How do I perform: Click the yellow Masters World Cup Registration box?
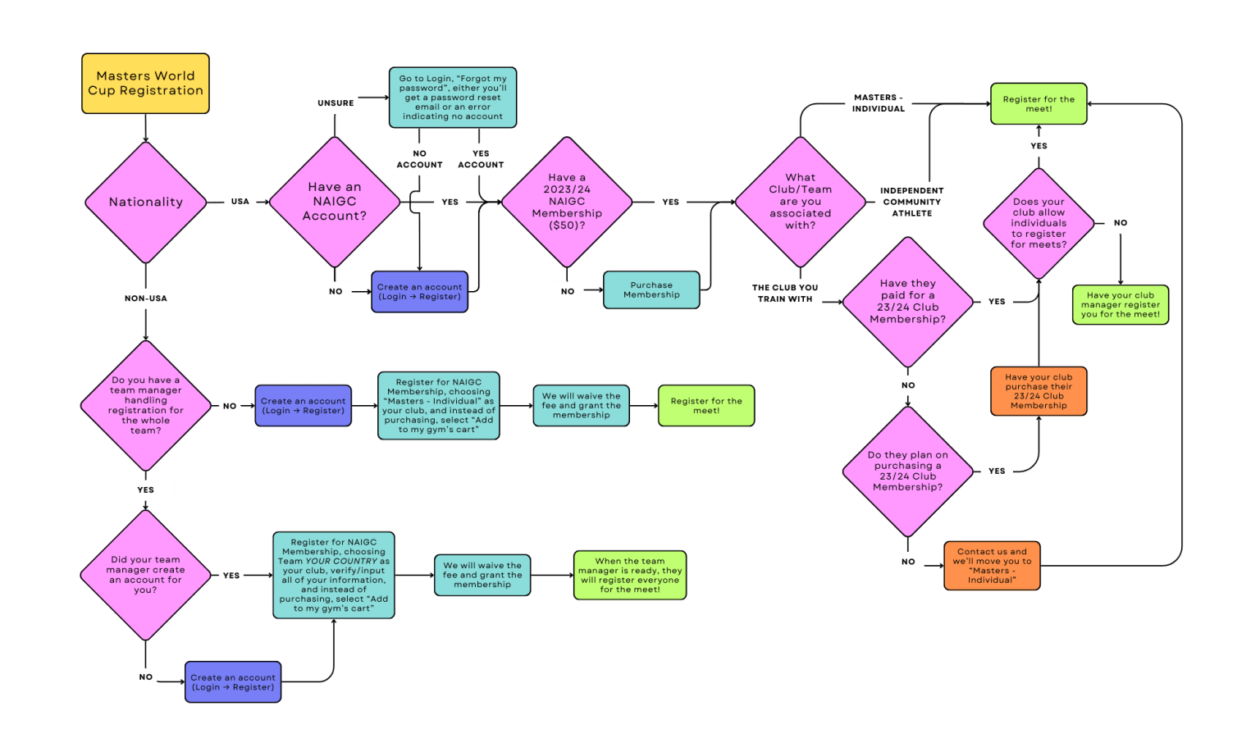[x=145, y=84]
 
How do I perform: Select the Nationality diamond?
[x=146, y=202]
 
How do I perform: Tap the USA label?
[x=240, y=201]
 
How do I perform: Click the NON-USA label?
[x=146, y=298]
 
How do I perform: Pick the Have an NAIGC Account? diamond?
[x=335, y=202]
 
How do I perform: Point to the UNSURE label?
[x=336, y=103]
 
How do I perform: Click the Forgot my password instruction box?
[x=453, y=98]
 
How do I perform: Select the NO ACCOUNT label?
[x=419, y=159]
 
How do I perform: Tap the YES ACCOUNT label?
[x=481, y=159]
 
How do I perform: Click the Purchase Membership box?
[x=651, y=290]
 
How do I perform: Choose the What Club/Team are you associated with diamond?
[x=800, y=202]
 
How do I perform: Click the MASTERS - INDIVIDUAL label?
[x=878, y=103]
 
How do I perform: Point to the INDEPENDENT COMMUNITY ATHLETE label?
[x=911, y=202]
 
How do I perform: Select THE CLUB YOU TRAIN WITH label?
[x=785, y=294]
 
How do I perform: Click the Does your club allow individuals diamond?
[x=1039, y=223]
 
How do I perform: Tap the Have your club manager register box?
[x=1121, y=305]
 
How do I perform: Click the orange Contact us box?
[x=992, y=566]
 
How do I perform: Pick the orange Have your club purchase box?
[x=1039, y=391]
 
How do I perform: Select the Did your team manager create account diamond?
[x=146, y=575]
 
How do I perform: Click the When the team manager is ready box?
[x=630, y=575]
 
